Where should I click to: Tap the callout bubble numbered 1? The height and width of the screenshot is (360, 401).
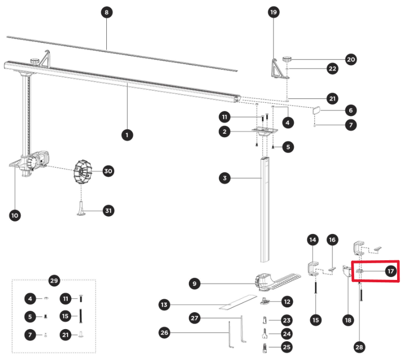point(127,136)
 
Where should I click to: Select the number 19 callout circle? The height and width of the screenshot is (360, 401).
point(274,13)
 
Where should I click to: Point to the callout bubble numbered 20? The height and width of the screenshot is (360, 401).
point(351,59)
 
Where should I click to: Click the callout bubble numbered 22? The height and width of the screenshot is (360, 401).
point(332,69)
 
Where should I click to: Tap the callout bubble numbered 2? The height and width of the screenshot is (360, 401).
point(223,131)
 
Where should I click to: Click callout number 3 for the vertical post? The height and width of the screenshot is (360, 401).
point(223,179)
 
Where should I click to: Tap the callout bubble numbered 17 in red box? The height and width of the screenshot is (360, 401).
point(390,271)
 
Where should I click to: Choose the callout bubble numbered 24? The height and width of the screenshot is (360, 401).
point(287,333)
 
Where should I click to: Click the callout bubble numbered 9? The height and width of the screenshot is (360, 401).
point(194,284)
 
